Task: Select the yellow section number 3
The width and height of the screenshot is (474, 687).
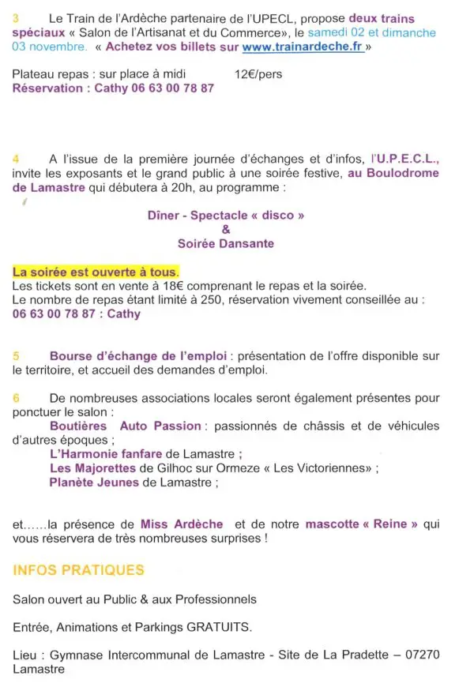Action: tap(17, 17)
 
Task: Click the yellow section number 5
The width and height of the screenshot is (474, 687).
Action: tap(17, 356)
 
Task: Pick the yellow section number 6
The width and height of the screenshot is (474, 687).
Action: tap(17, 397)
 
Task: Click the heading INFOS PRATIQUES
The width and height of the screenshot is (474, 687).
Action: tap(79, 569)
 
